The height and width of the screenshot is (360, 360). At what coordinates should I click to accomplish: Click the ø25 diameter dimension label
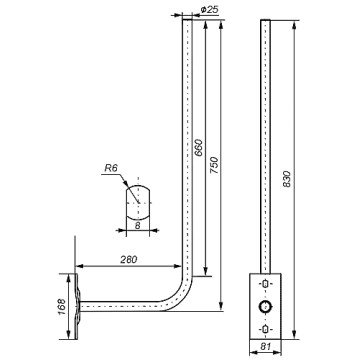click(210, 10)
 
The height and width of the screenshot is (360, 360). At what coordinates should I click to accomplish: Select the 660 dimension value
click(198, 148)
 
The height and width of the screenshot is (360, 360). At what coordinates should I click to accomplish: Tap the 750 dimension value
click(215, 165)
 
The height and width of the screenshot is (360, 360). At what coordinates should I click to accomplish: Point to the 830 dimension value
click(287, 179)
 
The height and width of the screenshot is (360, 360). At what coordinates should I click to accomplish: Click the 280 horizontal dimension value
click(129, 260)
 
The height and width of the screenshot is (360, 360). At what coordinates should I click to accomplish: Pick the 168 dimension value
click(62, 307)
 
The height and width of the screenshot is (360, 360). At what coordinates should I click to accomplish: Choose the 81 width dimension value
click(266, 346)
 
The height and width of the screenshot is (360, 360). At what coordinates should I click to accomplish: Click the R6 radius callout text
click(111, 168)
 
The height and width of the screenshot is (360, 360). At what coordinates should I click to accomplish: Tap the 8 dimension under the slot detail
click(138, 225)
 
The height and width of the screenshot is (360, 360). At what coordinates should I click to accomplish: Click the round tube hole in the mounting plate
click(265, 306)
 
